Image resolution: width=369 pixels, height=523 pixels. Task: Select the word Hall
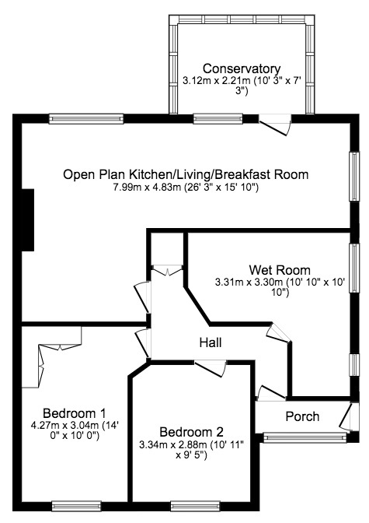pos(210,342)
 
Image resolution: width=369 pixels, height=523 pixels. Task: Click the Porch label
pos(301,416)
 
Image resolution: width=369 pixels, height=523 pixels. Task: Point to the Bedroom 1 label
pos(75,412)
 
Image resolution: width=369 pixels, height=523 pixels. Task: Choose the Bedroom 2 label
pos(191,432)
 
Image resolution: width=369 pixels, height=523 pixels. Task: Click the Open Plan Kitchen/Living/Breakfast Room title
pos(186,174)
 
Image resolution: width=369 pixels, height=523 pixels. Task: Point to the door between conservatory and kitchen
pos(275,124)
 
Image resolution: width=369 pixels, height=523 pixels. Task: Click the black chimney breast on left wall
pos(29,219)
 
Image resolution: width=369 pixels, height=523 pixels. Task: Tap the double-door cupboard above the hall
pos(167,270)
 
